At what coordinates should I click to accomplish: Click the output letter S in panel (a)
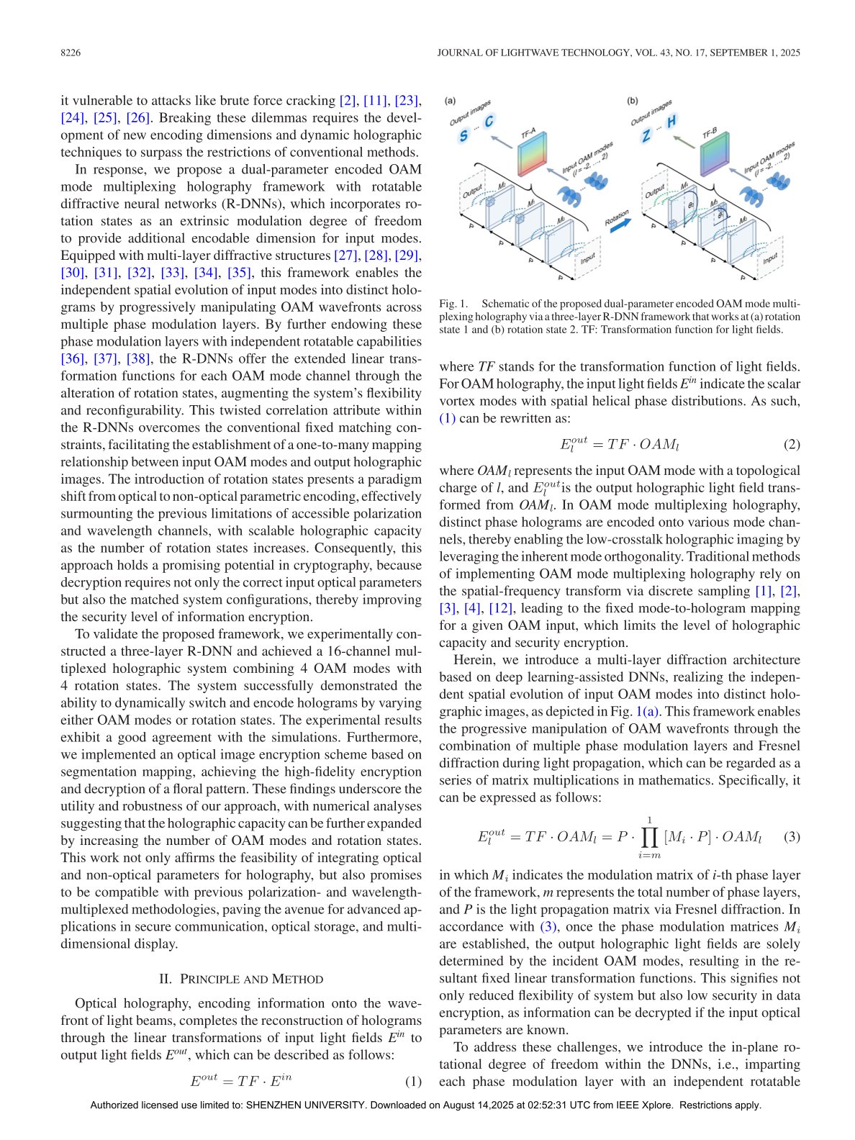pos(463,136)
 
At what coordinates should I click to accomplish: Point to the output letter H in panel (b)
pos(671,122)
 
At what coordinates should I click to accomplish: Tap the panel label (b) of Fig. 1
pos(633,101)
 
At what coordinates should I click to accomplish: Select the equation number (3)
pos(791,836)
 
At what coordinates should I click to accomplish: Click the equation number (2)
pos(791,444)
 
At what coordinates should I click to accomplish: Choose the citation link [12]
pos(501,608)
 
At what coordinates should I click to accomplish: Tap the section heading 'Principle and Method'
pos(241,979)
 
